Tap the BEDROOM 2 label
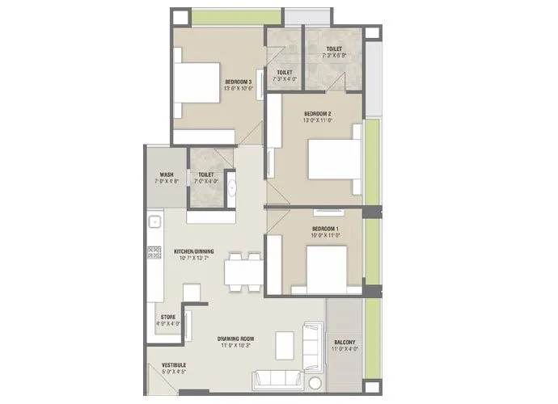(317, 113)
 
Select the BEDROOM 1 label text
(325, 229)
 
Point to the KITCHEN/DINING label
(192, 252)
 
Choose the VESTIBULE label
(175, 364)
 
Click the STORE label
(168, 317)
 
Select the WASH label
(166, 175)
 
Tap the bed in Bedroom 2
(332, 159)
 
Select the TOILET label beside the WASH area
(205, 175)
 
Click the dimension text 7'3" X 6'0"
(332, 56)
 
